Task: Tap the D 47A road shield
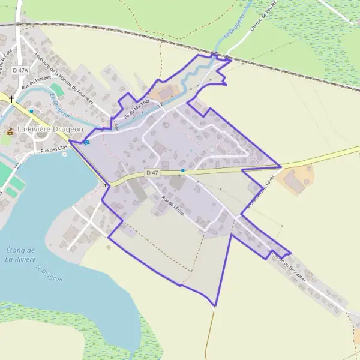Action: pyautogui.click(x=20, y=71)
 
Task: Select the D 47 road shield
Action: pyautogui.click(x=152, y=173)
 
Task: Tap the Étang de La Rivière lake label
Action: pyautogui.click(x=20, y=254)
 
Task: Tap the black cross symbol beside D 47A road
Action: pyautogui.click(x=11, y=98)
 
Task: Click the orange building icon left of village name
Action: pyautogui.click(x=10, y=131)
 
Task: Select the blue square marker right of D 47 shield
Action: pyautogui.click(x=182, y=171)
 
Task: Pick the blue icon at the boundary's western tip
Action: pyautogui.click(x=86, y=142)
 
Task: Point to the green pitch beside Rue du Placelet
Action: pyautogui.click(x=56, y=89)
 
